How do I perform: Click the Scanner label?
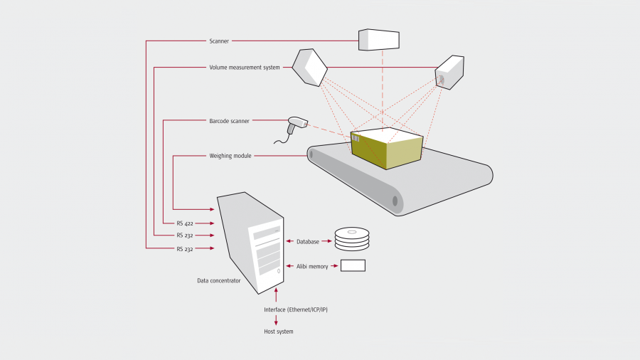pyautogui.click(x=219, y=41)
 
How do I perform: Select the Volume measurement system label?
pyautogui.click(x=245, y=68)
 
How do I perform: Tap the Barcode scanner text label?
pyautogui.click(x=229, y=121)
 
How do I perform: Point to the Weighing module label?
pyautogui.click(x=230, y=156)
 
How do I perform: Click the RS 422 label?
pyautogui.click(x=185, y=223)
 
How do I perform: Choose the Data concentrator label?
pyautogui.click(x=219, y=280)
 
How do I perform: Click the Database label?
pyautogui.click(x=308, y=242)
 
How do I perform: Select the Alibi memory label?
pyautogui.click(x=312, y=266)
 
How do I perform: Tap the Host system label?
pyautogui.click(x=278, y=332)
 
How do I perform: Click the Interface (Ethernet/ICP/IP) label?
pyautogui.click(x=296, y=309)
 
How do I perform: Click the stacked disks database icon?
pyautogui.click(x=352, y=239)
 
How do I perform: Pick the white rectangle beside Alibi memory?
pyautogui.click(x=353, y=265)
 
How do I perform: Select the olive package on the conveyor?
pyautogui.click(x=387, y=148)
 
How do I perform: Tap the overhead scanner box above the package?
pyautogui.click(x=379, y=40)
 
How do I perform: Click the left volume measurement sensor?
pyautogui.click(x=310, y=68)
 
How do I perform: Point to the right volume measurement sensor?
pyautogui.click(x=449, y=73)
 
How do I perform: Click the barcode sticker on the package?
pyautogui.click(x=356, y=139)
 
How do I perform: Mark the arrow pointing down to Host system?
pyautogui.click(x=276, y=320)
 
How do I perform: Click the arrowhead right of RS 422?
pyautogui.click(x=212, y=223)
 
